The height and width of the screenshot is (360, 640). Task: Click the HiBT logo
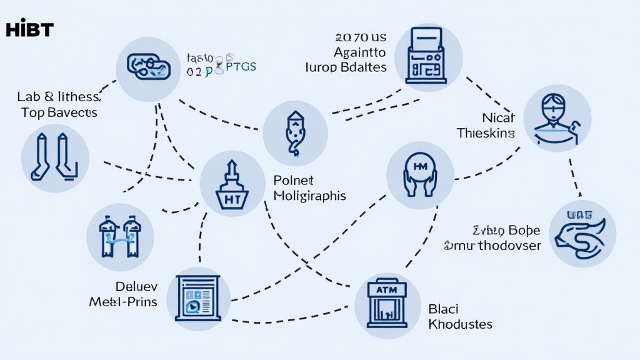[x=29, y=29]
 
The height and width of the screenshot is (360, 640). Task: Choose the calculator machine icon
[x=429, y=54]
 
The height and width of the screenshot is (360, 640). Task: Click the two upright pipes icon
[x=55, y=156]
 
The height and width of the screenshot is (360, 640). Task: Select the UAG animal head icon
[x=582, y=232]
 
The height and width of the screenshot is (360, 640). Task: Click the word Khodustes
[x=460, y=324]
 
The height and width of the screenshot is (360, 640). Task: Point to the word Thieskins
[x=486, y=132]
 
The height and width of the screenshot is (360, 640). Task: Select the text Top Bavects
[x=59, y=112]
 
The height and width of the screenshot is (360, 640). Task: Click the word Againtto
[x=359, y=52]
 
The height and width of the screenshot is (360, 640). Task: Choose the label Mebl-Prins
[x=122, y=302]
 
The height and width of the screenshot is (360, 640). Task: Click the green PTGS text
[x=240, y=67]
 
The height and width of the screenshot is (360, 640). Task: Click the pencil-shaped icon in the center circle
[x=294, y=133]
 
